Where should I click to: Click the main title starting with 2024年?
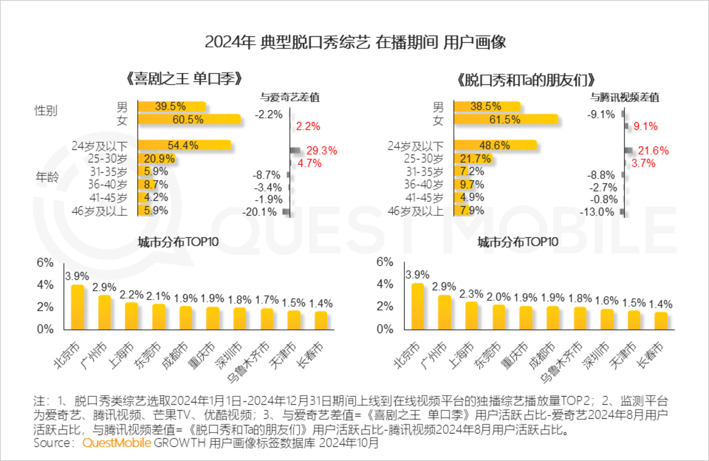pyautogui.click(x=355, y=42)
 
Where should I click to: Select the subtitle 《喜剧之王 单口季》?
pyautogui.click(x=184, y=79)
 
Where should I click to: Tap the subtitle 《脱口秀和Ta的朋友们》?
pyautogui.click(x=526, y=80)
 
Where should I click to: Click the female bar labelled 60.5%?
pyautogui.click(x=189, y=120)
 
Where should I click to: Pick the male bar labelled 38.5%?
pyautogui.click(x=486, y=106)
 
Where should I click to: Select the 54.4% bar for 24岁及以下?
pyautogui.click(x=184, y=145)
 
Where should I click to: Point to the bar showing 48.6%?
pyautogui.click(x=495, y=145)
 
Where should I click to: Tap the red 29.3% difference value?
pyautogui.click(x=322, y=151)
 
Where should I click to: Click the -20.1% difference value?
pyautogui.click(x=259, y=212)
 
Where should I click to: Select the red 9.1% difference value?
pyautogui.click(x=645, y=127)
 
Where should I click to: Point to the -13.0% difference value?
pyautogui.click(x=597, y=212)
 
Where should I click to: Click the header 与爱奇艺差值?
pyautogui.click(x=290, y=98)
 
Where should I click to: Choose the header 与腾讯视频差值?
pyautogui.click(x=625, y=98)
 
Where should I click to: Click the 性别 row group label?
pyautogui.click(x=45, y=111)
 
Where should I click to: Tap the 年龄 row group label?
pyautogui.click(x=47, y=177)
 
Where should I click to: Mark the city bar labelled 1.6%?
pyautogui.click(x=607, y=319)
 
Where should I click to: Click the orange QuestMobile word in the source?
pyautogui.click(x=117, y=443)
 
